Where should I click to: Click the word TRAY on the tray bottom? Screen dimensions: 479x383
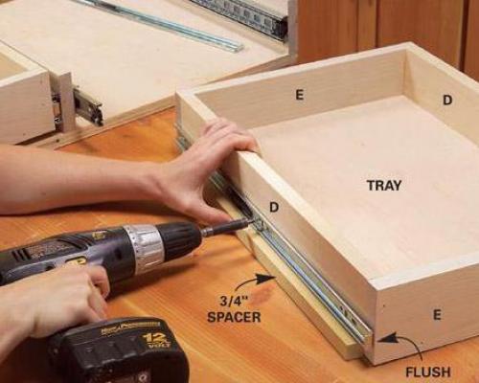tap(384, 186)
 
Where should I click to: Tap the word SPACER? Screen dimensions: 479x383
tap(234, 317)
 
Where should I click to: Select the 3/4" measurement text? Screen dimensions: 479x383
tap(234, 301)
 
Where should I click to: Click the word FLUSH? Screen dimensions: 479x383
tap(428, 372)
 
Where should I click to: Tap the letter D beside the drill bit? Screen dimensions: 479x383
tap(274, 208)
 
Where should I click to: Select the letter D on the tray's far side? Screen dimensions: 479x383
tap(447, 101)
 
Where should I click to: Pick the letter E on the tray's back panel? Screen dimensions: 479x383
tap(299, 95)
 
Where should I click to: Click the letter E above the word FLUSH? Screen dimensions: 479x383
tap(437, 315)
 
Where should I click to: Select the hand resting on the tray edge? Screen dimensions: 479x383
tap(204, 169)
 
